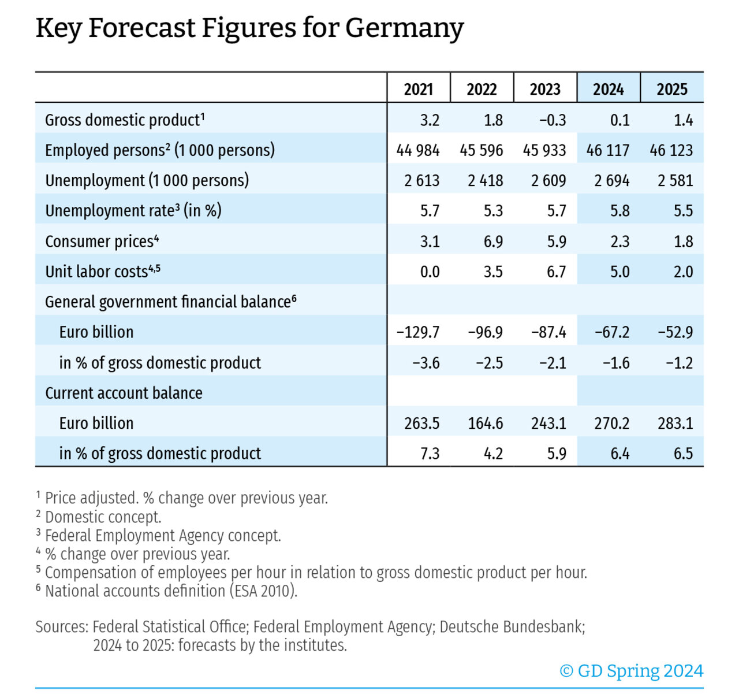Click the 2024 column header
click(609, 89)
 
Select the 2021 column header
click(419, 89)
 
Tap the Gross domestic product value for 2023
click(553, 120)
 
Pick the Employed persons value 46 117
click(608, 150)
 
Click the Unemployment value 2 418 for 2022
click(485, 181)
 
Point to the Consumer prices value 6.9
click(493, 242)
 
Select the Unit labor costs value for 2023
click(557, 272)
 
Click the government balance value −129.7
click(418, 332)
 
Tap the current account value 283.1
click(675, 424)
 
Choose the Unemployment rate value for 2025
click(683, 211)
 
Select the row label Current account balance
click(124, 393)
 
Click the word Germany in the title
click(404, 28)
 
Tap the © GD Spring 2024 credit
click(631, 671)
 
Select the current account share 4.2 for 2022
click(493, 454)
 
